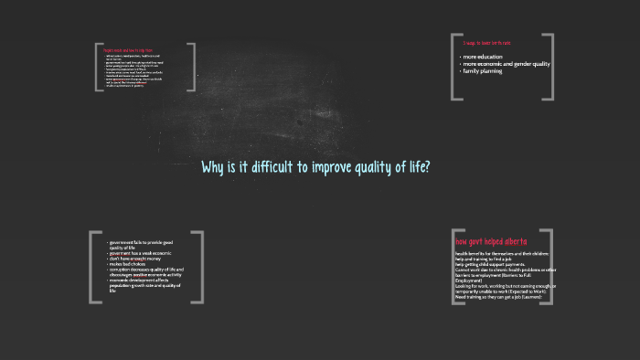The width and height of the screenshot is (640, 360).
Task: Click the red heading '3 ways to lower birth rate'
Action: [486, 43]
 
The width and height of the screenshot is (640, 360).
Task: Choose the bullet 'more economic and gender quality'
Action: [506, 64]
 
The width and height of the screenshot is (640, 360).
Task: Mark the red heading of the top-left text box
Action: [128, 49]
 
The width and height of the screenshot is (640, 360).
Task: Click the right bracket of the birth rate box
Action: [549, 67]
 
